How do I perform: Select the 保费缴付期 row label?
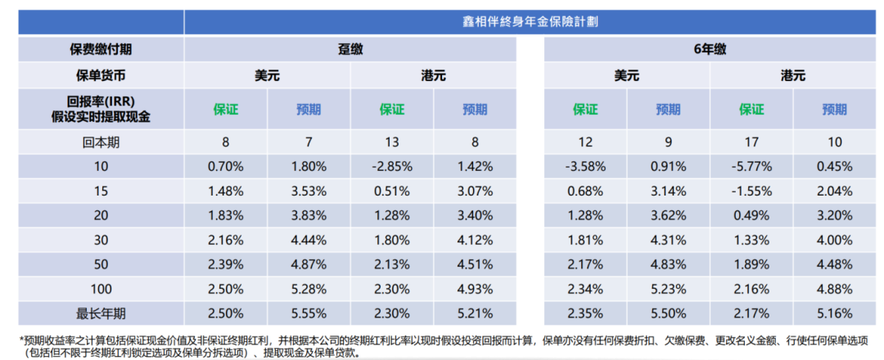(101, 49)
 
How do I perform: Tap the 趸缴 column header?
(350, 49)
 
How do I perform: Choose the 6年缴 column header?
(709, 49)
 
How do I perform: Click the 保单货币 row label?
(101, 76)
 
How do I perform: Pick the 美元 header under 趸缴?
(267, 76)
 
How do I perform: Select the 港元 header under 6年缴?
(793, 76)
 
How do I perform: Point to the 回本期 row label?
(101, 142)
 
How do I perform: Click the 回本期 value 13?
(391, 142)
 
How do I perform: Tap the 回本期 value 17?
(751, 142)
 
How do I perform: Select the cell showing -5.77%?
(751, 167)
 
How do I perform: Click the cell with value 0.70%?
(225, 167)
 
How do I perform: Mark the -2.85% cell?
(391, 167)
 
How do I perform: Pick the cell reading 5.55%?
(309, 314)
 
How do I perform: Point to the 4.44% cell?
(309, 241)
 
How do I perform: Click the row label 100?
(101, 290)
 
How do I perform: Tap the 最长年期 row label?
(101, 314)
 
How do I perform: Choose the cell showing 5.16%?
(834, 314)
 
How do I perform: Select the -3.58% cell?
(585, 167)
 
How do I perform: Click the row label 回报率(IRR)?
(101, 102)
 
